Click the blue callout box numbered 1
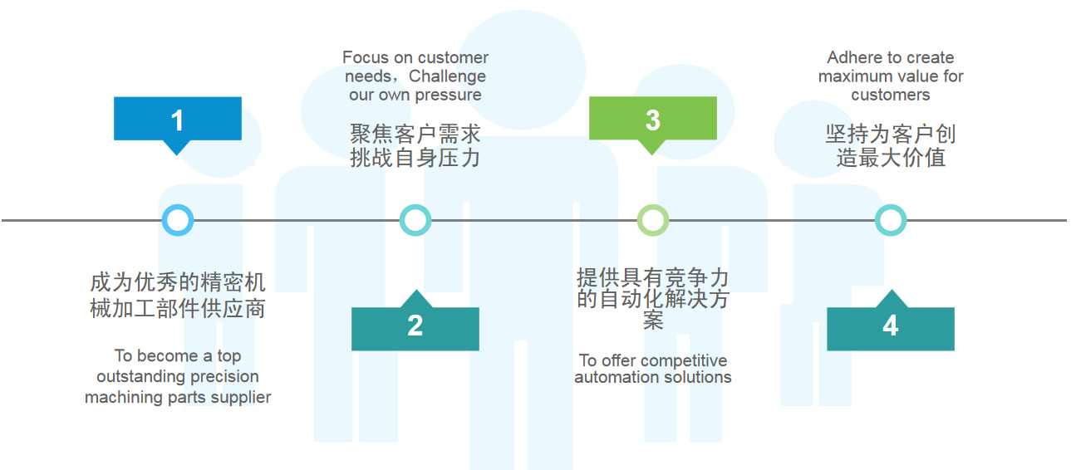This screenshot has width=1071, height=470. coord(177,119)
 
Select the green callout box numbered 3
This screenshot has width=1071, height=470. coord(652,119)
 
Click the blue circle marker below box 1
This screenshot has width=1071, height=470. coord(177,220)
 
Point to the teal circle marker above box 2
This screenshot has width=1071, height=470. coord(415,220)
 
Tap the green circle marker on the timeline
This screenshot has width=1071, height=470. coord(652,220)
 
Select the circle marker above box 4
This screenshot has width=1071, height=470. coord(890,220)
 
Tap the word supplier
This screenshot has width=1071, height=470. coord(241,397)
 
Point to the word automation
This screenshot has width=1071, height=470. coord(612,377)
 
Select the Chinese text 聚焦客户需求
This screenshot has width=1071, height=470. coord(415,134)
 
